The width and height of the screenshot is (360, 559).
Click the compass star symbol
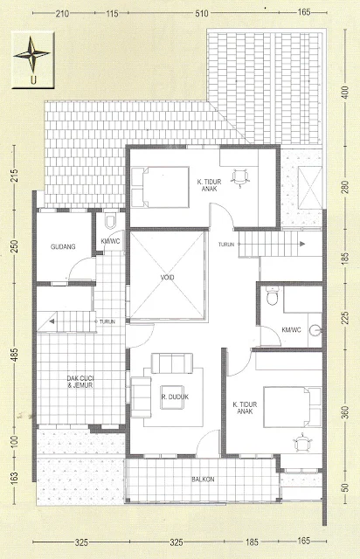coord(32,54)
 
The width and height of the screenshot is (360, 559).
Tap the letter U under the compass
coord(33,79)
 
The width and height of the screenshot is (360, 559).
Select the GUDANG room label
coord(63,246)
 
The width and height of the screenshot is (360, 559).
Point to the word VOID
coord(167,277)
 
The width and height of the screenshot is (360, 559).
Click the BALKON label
coord(203,480)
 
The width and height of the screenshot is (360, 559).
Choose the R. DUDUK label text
coord(175,397)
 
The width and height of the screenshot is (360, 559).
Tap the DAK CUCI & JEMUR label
coord(80,382)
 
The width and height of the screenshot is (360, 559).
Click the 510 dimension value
coord(202,14)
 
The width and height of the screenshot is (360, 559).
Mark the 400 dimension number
coord(345,93)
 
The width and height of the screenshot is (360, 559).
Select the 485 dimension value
coord(15,355)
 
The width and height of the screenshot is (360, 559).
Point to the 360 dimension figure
coord(345,411)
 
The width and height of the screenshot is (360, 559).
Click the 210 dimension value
coord(62,14)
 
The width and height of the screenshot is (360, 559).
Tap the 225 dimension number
coord(345,318)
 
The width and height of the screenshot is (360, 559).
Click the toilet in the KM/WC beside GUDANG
coord(110,222)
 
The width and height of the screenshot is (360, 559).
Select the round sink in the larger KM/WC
coord(315,330)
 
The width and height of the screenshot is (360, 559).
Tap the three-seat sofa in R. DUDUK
coord(172,363)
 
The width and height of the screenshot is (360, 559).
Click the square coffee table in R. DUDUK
coord(172,397)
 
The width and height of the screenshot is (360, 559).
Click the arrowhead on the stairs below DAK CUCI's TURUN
coord(52,321)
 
